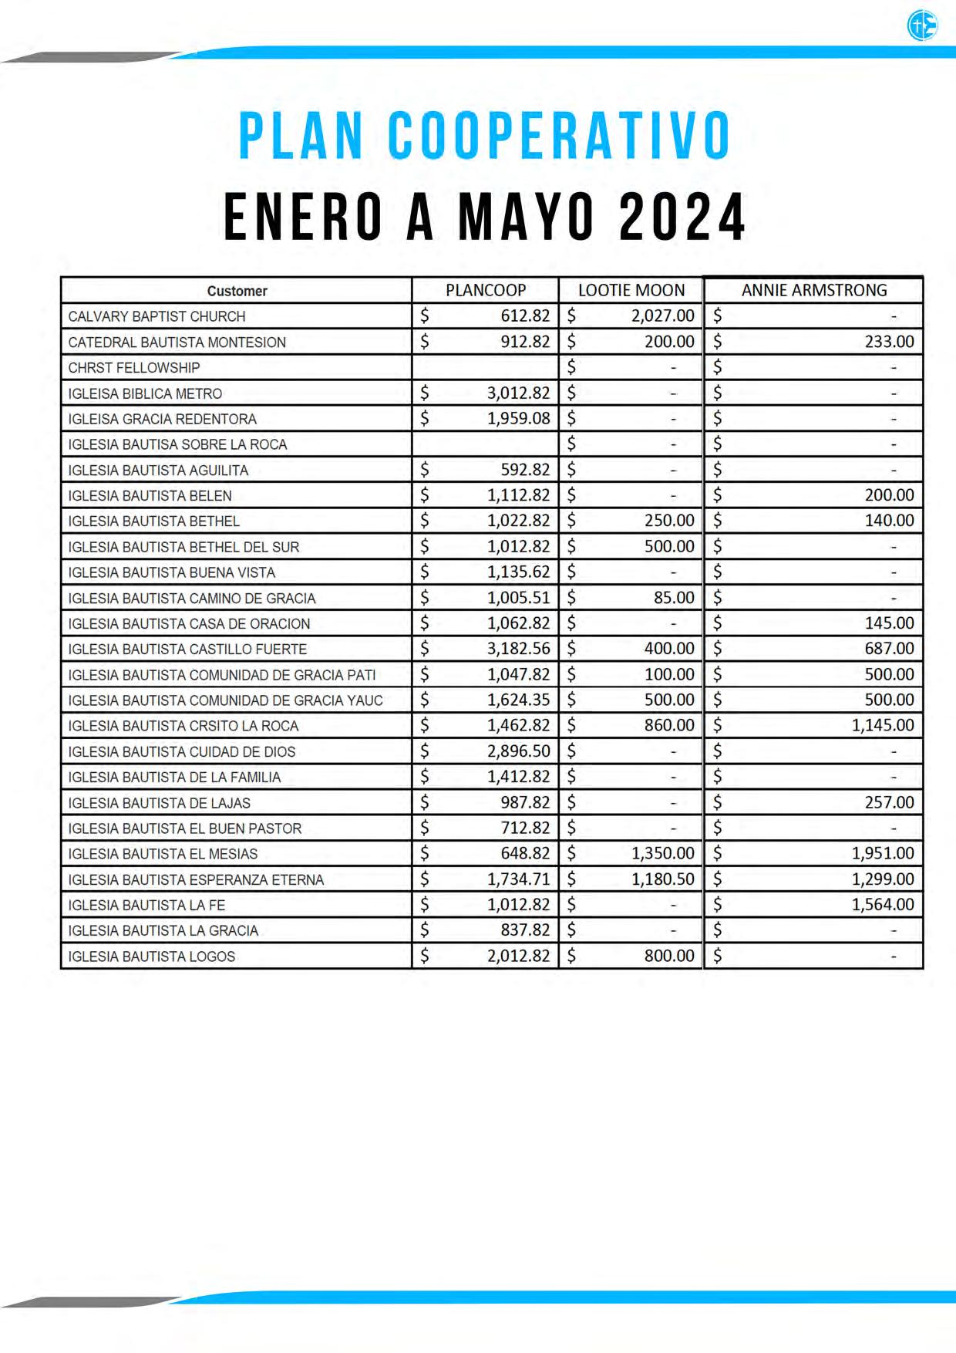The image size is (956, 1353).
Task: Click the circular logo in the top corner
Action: (922, 26)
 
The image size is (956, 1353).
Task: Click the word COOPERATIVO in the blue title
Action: (559, 137)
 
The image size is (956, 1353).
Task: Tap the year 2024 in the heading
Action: (682, 217)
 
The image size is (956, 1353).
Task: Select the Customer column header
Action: (237, 291)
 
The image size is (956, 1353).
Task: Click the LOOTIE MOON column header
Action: (631, 290)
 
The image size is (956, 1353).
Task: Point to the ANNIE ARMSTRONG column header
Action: (814, 290)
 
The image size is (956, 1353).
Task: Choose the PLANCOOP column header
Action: (486, 290)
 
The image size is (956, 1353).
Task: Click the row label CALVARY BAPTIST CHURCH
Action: (157, 316)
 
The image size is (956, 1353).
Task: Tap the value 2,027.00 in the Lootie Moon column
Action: (662, 315)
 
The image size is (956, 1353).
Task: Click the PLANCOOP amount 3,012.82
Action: (518, 393)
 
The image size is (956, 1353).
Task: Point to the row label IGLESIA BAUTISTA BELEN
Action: (150, 495)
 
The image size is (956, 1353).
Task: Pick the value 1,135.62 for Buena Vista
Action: (518, 572)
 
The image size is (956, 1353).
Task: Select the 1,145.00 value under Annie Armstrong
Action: (883, 725)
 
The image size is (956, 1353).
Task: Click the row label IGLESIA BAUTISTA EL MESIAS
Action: (163, 854)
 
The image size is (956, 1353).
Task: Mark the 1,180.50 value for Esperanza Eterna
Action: (662, 879)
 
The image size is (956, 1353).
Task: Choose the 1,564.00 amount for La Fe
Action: (883, 904)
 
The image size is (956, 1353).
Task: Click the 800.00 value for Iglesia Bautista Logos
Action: (669, 956)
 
